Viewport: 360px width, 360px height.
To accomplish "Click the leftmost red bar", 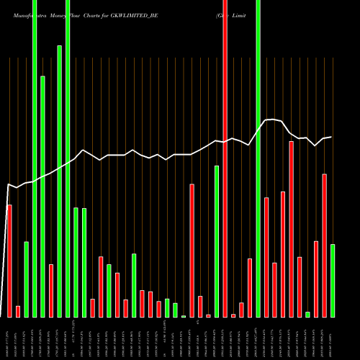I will pyautogui.click(x=9, y=261).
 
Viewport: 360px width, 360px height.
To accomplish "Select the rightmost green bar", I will pyautogui.click(x=333, y=281).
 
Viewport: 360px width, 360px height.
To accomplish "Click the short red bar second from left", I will pyautogui.click(x=18, y=312).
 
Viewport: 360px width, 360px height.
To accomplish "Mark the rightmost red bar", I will pyautogui.click(x=325, y=246).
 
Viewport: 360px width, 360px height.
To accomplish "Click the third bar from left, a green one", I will pyautogui.click(x=26, y=279).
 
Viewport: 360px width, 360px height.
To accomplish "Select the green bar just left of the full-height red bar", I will pyautogui.click(x=217, y=241).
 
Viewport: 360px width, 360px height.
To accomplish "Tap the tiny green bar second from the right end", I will pyautogui.click(x=308, y=314).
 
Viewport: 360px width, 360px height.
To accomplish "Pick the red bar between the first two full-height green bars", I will pyautogui.click(x=51, y=291).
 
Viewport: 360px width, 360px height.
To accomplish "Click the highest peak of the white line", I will pyautogui.click(x=271, y=120).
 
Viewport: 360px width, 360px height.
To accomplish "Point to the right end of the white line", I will pyautogui.click(x=331, y=137).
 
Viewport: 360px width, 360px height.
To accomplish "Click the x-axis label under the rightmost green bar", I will pyautogui.click(x=333, y=338).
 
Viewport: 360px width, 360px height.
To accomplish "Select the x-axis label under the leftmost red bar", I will pyautogui.click(x=9, y=338).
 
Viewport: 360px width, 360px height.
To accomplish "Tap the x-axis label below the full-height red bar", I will pyautogui.click(x=225, y=338).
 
